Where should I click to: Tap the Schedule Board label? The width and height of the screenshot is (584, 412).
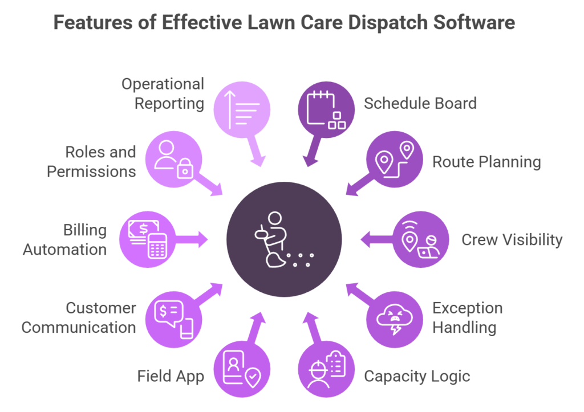coord(420,104)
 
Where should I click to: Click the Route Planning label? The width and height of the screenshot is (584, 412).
coord(486,162)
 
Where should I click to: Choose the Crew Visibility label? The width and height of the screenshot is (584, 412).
coord(512,240)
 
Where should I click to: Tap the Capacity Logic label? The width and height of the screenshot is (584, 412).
coord(417,376)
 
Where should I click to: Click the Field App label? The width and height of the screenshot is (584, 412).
coord(171,376)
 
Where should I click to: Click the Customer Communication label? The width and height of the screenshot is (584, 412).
coord(79,318)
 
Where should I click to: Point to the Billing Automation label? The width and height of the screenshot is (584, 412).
coord(64,240)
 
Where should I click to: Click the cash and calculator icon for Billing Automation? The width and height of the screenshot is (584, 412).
coord(147,240)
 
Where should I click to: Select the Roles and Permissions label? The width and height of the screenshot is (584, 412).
coord(91,162)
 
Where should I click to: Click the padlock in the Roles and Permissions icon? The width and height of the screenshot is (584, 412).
coord(184,170)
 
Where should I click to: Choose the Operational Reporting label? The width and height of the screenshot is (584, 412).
coord(163,94)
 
